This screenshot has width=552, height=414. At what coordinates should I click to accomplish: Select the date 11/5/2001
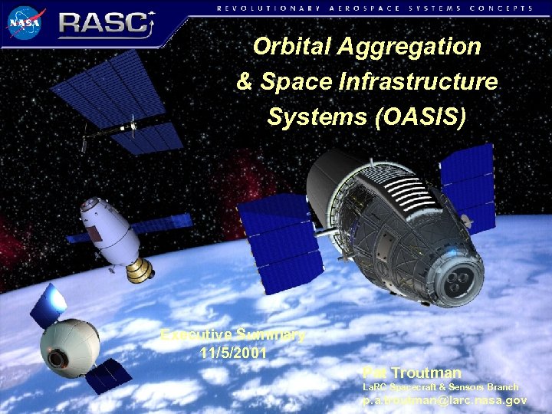coord(233,353)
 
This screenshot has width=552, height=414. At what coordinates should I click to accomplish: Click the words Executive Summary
coord(233,335)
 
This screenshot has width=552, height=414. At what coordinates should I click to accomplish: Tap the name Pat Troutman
coord(403,373)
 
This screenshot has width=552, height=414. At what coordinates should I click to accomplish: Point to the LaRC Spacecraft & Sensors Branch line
coord(440,387)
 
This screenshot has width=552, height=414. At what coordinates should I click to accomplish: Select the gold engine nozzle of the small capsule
coord(140,269)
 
